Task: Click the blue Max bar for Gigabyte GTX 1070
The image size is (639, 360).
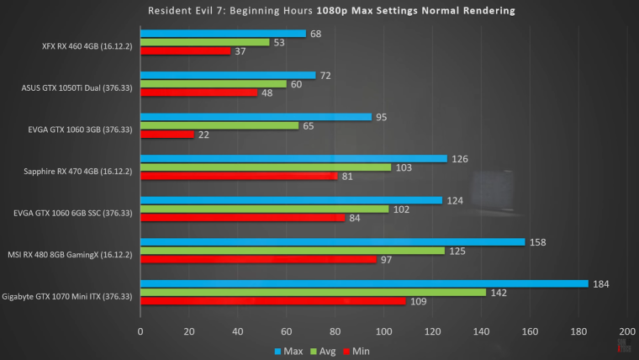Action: (x=364, y=283)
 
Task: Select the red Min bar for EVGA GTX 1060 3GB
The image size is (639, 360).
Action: (x=167, y=135)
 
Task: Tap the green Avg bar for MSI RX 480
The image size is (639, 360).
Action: (x=293, y=251)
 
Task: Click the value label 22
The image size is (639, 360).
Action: (x=204, y=135)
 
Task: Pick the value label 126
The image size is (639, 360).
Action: (x=459, y=158)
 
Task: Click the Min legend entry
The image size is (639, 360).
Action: (x=357, y=350)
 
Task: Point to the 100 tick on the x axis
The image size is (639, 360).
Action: (x=383, y=331)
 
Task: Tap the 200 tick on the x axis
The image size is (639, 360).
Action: (x=626, y=331)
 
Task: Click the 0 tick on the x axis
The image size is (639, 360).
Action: (x=140, y=331)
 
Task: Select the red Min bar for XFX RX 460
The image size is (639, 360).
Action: (x=185, y=50)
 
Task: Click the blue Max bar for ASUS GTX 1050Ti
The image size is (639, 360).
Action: (x=228, y=76)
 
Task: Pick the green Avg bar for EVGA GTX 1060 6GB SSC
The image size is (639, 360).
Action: (x=264, y=209)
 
